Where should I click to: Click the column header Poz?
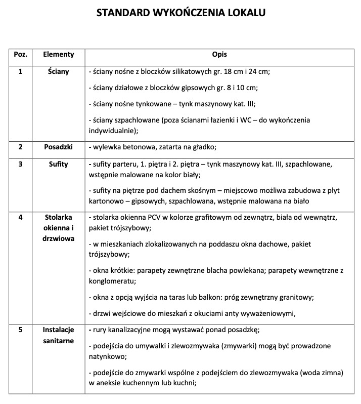click(x=21, y=54)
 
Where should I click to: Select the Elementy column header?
click(x=59, y=54)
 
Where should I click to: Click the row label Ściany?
click(x=59, y=71)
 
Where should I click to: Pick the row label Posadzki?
click(x=59, y=147)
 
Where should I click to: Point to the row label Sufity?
click(x=59, y=165)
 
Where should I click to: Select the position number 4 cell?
click(x=21, y=217)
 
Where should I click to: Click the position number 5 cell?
click(x=21, y=330)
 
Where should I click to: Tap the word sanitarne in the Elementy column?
click(x=59, y=341)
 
